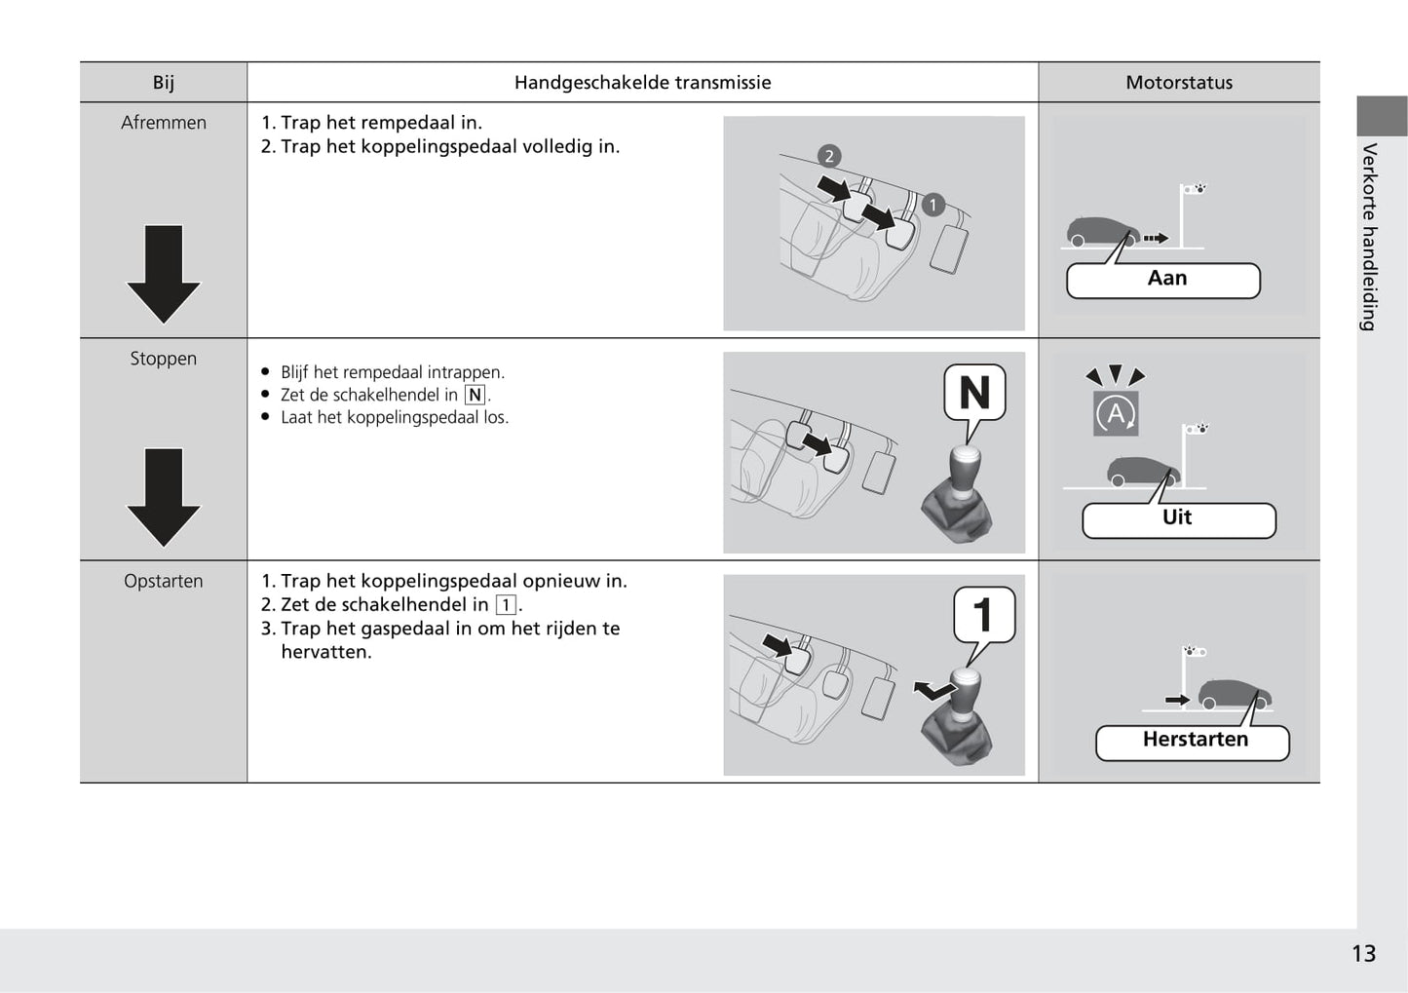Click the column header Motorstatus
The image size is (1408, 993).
[1178, 83]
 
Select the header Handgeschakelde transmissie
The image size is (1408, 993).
[642, 83]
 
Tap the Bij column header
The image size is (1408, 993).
[163, 83]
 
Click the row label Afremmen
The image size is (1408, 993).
[164, 123]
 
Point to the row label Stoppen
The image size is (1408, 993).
[164, 359]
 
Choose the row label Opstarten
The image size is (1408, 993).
[164, 581]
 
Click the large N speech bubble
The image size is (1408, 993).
[974, 393]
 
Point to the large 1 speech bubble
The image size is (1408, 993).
[983, 614]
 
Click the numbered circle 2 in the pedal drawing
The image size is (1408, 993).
[829, 156]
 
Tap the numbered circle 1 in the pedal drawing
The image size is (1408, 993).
[932, 205]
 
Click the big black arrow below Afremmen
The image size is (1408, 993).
[164, 273]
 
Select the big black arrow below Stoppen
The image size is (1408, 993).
[164, 496]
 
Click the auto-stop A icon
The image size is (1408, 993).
[1116, 413]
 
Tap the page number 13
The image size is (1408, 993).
[1363, 953]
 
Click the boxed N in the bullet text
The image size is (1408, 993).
[475, 395]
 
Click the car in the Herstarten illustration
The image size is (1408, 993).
[1235, 694]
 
